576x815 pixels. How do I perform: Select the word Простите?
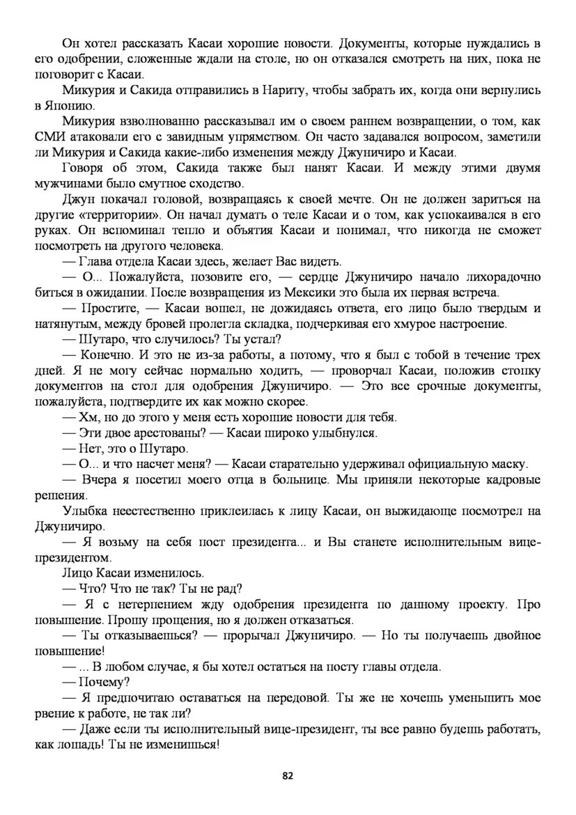(x=108, y=309)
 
